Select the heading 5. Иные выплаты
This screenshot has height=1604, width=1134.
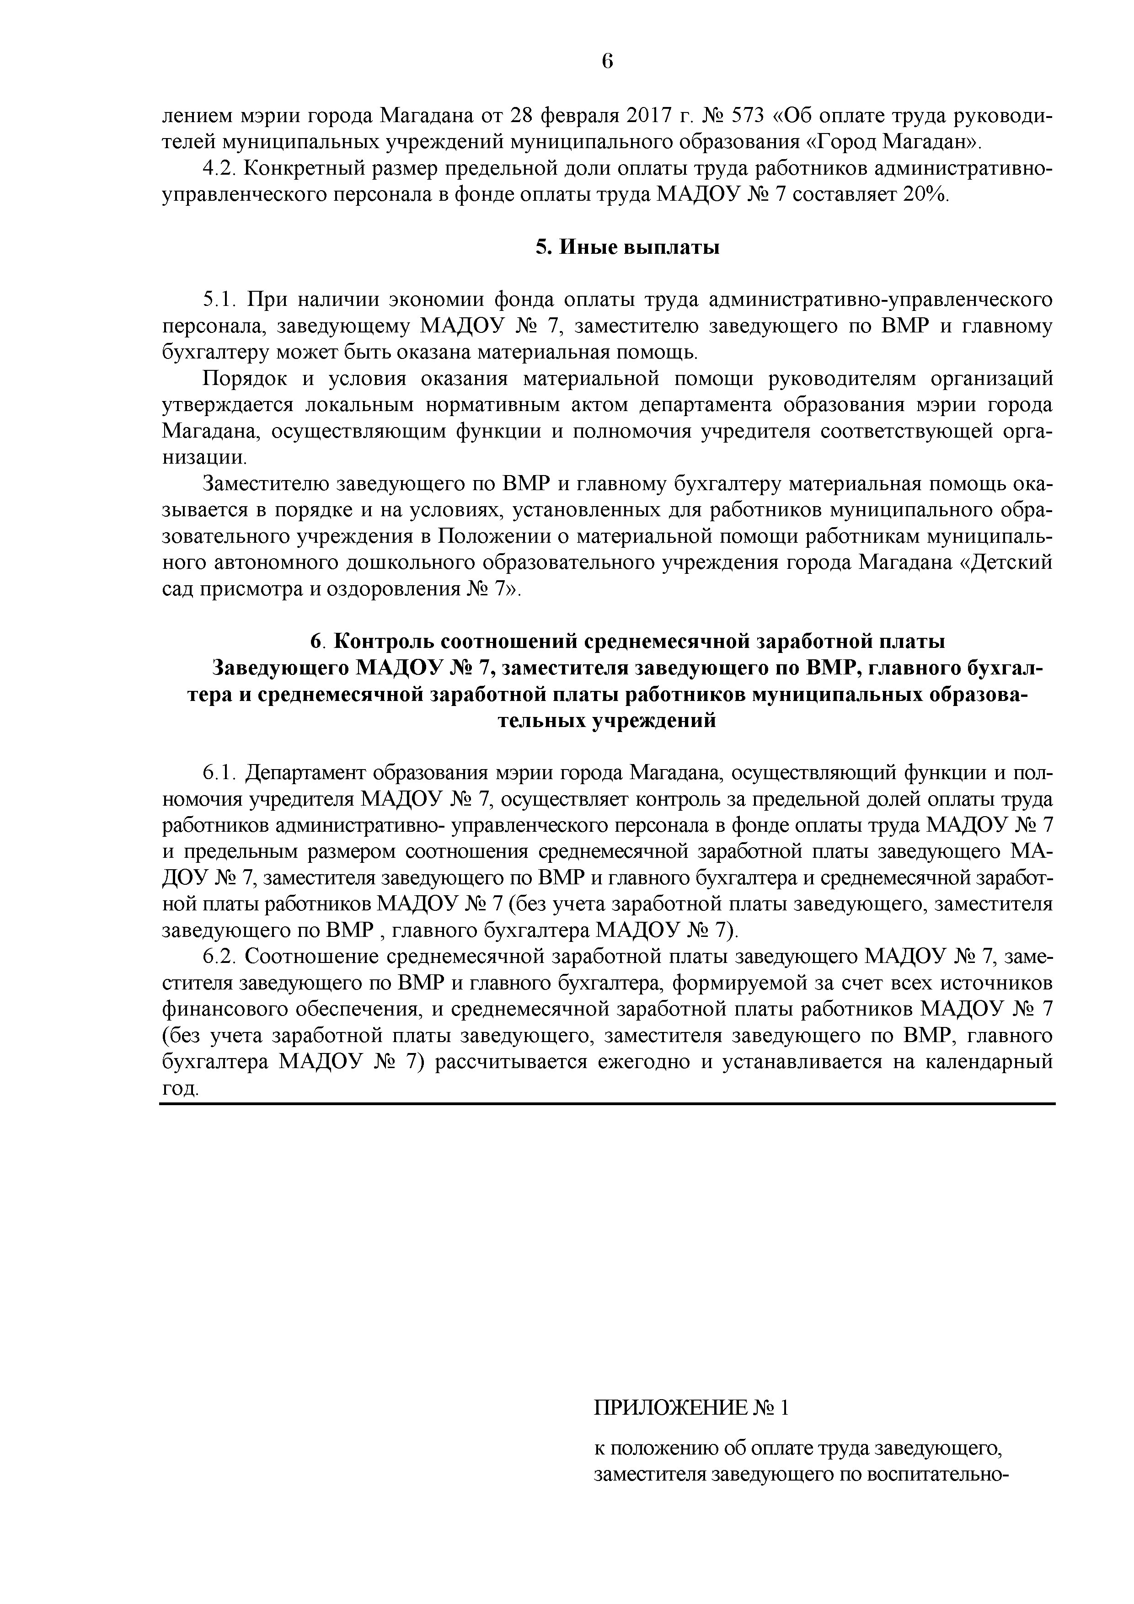pyautogui.click(x=627, y=247)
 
